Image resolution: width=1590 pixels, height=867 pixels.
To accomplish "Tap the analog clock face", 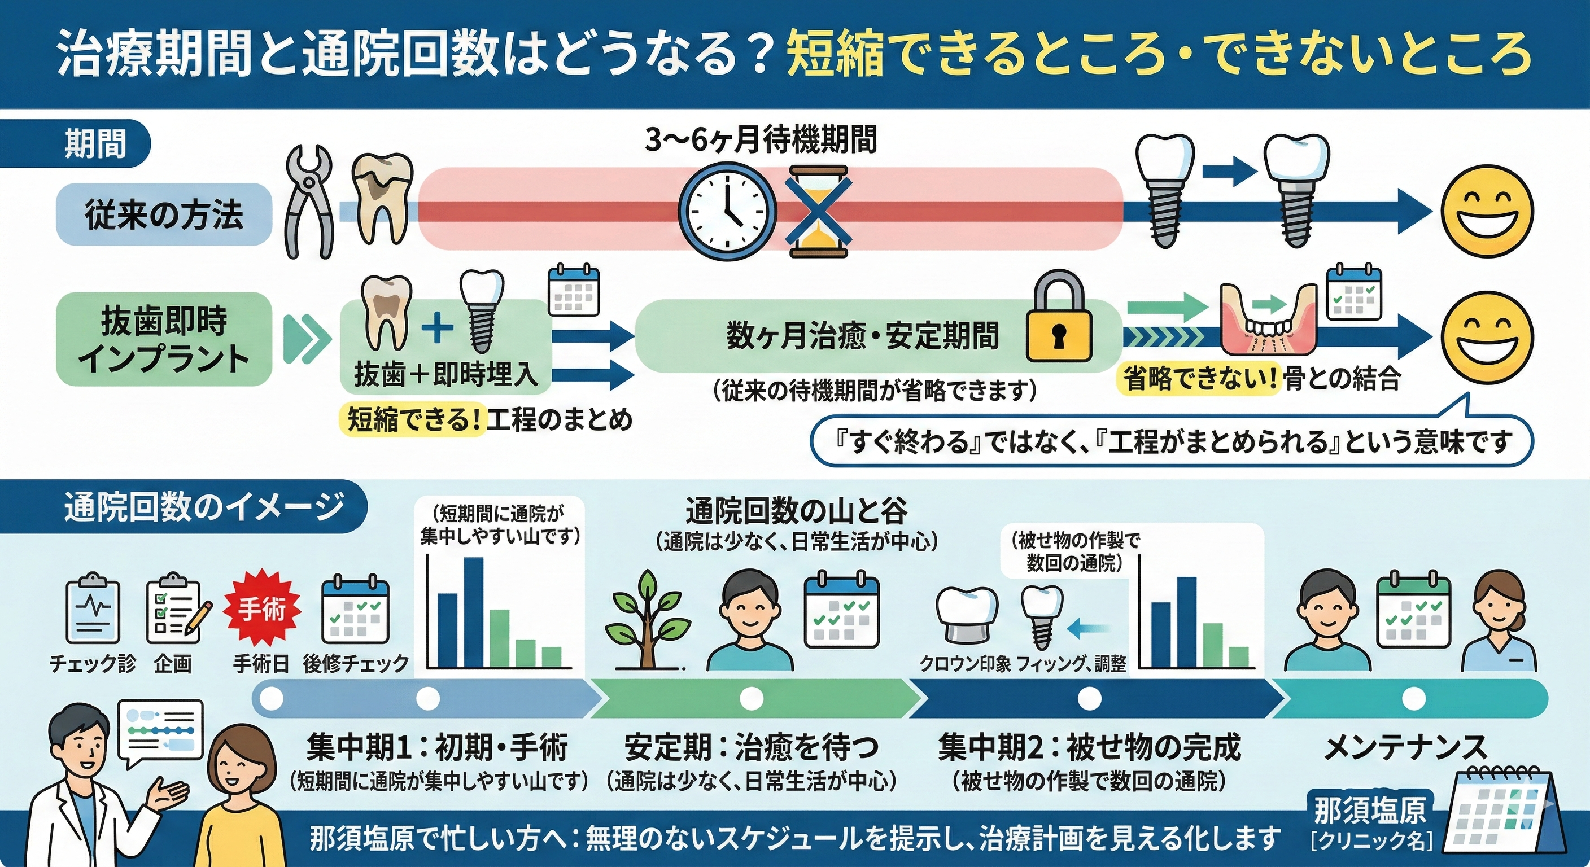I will pyautogui.click(x=727, y=211).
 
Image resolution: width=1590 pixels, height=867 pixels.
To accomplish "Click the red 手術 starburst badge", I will pyautogui.click(x=263, y=610).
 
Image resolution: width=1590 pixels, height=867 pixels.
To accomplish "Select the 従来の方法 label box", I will pyautogui.click(x=164, y=214).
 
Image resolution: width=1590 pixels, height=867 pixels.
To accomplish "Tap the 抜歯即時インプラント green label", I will pyautogui.click(x=164, y=339).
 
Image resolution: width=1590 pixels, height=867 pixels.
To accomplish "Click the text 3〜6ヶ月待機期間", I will pyautogui.click(x=761, y=139).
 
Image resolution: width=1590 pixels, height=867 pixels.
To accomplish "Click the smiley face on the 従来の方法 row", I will pyautogui.click(x=1486, y=211).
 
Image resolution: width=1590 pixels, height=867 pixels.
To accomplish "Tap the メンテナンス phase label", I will pyautogui.click(x=1406, y=748).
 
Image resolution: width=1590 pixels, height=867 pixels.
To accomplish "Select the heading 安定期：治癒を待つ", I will pyautogui.click(x=751, y=748).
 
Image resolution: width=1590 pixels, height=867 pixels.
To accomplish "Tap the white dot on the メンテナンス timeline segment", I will pyautogui.click(x=1413, y=699).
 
